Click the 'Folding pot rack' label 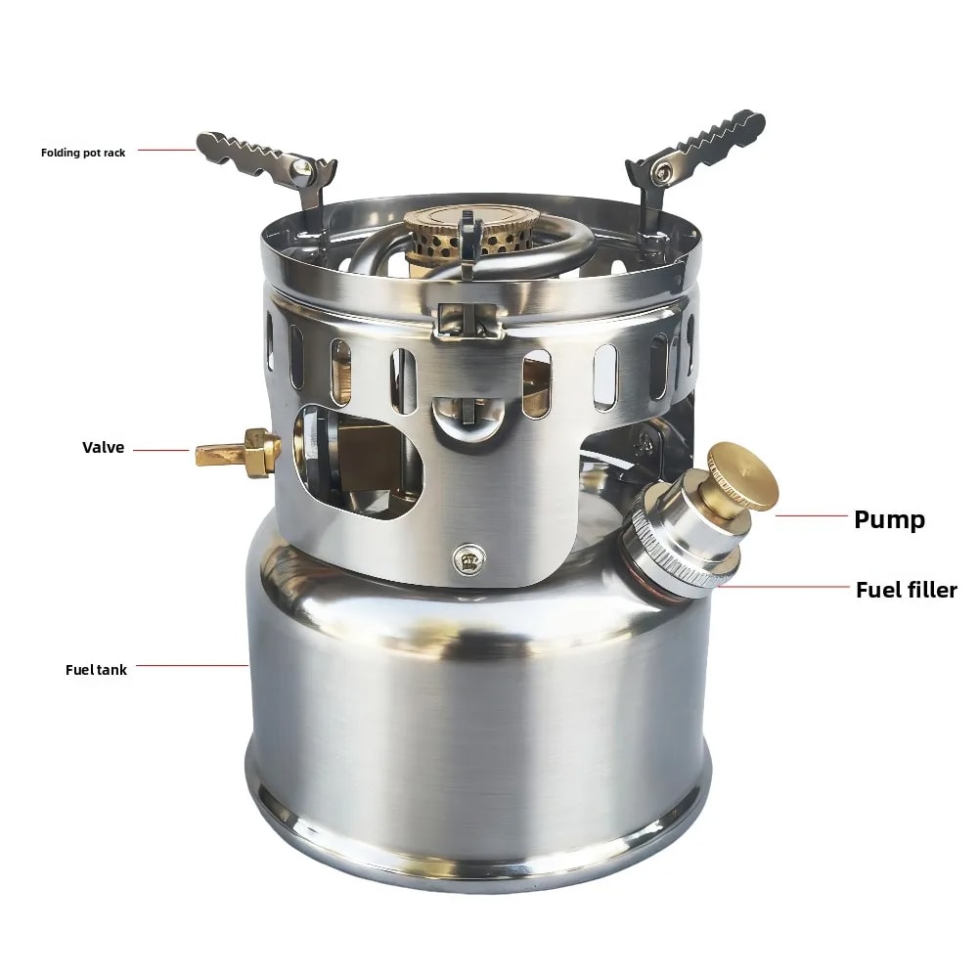[x=83, y=153]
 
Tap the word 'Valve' [x=104, y=448]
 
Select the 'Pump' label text [x=889, y=518]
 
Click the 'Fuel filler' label [x=906, y=589]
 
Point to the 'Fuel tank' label [x=96, y=670]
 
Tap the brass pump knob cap [x=742, y=477]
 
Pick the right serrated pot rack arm [x=709, y=143]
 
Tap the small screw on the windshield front [x=467, y=557]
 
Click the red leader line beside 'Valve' [x=161, y=450]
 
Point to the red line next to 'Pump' [x=811, y=515]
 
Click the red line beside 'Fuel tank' [x=191, y=666]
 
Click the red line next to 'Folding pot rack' [x=166, y=150]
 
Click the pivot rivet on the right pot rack [x=665, y=172]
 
